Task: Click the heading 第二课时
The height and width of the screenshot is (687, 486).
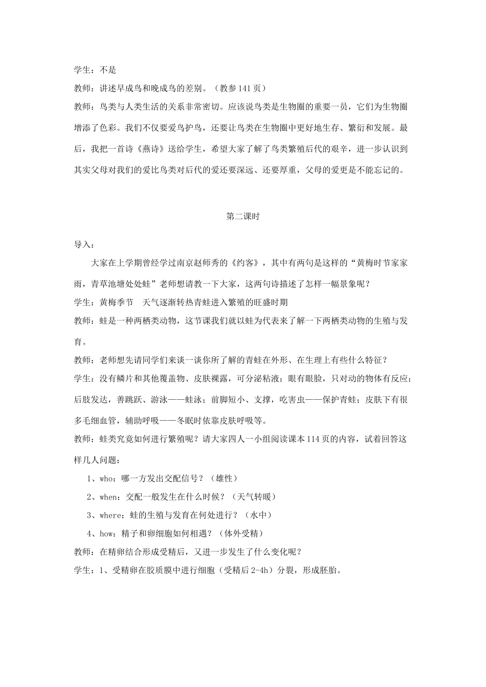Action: click(x=243, y=216)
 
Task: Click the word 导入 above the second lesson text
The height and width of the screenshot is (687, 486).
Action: click(x=82, y=244)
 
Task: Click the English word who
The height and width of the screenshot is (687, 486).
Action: click(x=106, y=478)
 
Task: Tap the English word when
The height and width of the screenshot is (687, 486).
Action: click(x=108, y=497)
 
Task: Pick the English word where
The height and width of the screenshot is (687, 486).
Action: click(x=111, y=515)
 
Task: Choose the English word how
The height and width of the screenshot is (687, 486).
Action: click(x=106, y=534)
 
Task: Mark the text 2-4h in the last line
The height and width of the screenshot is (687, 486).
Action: click(x=247, y=570)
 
